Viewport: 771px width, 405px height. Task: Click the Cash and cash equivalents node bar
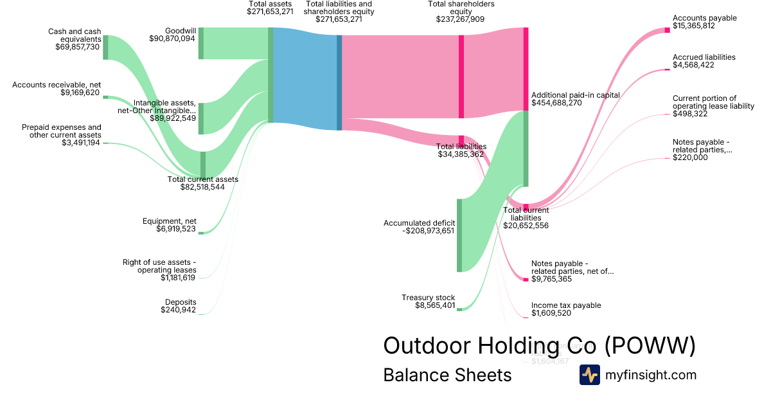[105, 47]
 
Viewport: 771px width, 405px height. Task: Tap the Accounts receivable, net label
[57, 85]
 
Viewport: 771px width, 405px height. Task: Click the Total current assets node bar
[203, 163]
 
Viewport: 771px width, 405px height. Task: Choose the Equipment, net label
[170, 221]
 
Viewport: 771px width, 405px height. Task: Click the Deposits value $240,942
[178, 310]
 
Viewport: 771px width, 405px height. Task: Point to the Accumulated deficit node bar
[459, 235]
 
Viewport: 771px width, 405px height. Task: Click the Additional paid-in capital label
[576, 94]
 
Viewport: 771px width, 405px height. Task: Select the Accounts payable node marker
[667, 30]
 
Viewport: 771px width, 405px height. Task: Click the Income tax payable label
[566, 305]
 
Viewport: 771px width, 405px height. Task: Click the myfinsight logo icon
[590, 375]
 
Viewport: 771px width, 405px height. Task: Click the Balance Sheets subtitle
[447, 375]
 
